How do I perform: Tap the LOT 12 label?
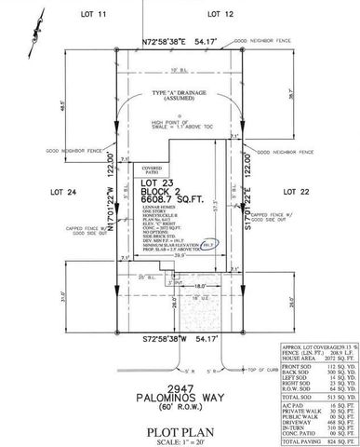click(x=218, y=15)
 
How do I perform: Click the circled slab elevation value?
click(x=209, y=244)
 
